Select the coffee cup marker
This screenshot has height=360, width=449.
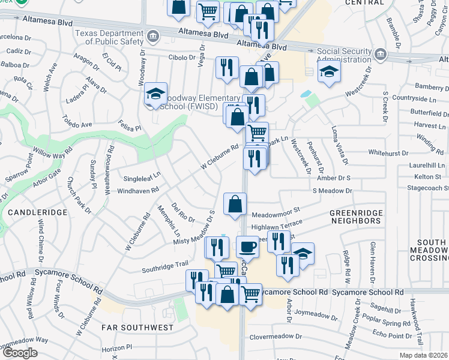[x=247, y=247]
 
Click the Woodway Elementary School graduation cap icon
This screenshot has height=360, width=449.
[x=155, y=94]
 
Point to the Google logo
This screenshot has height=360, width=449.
[x=19, y=353]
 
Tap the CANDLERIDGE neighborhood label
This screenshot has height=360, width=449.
[x=31, y=213]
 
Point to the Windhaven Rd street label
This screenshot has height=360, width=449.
[x=138, y=190]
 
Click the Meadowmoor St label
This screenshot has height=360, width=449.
[x=275, y=213]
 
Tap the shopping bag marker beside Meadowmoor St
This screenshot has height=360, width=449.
[x=235, y=204]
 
